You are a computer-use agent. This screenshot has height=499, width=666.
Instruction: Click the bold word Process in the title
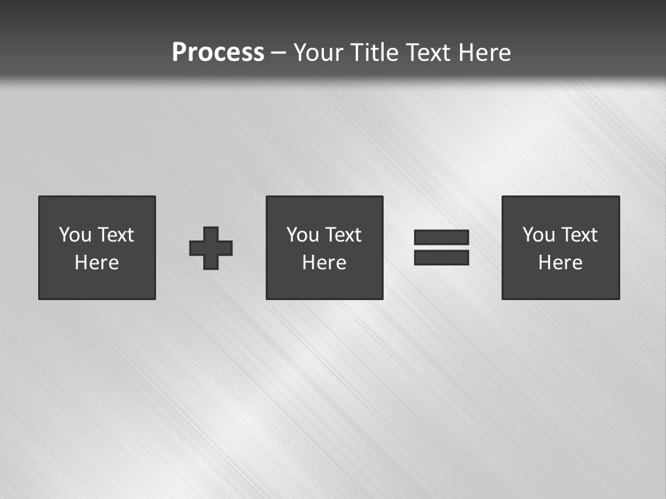[x=218, y=53]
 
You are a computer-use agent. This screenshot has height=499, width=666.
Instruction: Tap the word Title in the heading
[x=373, y=53]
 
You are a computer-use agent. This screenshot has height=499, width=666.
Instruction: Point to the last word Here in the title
[x=485, y=53]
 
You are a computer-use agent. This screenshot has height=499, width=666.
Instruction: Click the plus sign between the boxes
[x=211, y=248]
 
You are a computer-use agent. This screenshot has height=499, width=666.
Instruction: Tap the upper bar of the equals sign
[x=441, y=238]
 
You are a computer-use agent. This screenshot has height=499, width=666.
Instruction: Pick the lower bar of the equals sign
[x=441, y=257]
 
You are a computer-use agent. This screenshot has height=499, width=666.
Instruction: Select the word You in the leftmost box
[x=75, y=235]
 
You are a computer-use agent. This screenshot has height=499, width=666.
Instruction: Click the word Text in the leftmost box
[x=114, y=235]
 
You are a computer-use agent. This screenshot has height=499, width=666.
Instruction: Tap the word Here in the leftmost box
[x=97, y=263]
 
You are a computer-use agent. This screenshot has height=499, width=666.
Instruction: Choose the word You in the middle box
[x=302, y=235]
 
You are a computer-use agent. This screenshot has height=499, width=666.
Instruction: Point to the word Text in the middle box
[x=342, y=235]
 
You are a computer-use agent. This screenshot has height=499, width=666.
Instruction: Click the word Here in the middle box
[x=325, y=263]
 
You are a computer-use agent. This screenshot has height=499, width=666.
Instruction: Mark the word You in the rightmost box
[x=538, y=235]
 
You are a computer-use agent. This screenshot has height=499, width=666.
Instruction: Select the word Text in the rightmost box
[x=578, y=235]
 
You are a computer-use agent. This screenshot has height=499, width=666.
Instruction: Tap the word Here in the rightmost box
[x=561, y=263]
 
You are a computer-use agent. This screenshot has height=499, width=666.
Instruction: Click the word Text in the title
[x=427, y=53]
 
